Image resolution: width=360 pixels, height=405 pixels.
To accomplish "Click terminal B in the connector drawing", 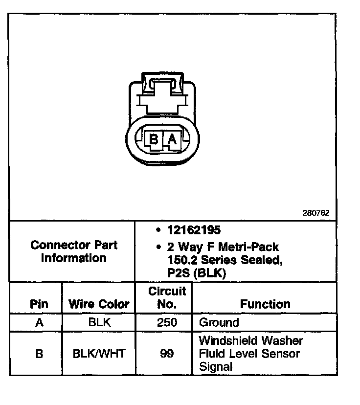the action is (x=154, y=140).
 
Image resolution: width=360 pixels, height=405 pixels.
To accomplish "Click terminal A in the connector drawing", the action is (x=172, y=140).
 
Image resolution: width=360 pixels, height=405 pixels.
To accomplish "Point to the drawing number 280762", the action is (x=316, y=213).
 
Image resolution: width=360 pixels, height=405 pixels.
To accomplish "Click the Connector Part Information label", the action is (x=74, y=251).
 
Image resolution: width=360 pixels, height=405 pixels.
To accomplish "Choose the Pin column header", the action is (x=39, y=304).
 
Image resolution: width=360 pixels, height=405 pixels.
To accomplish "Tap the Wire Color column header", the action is (x=99, y=304).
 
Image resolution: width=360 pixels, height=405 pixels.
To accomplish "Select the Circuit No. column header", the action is (x=167, y=297).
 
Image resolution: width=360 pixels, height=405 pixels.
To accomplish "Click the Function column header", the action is (x=265, y=304).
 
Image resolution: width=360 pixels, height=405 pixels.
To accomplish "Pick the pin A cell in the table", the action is (x=39, y=323).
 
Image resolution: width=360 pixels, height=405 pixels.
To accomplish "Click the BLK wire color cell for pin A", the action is (x=99, y=323).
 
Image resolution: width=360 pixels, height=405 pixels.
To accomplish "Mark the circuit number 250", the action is (x=167, y=323).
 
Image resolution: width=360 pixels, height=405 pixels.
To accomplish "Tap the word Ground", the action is (x=219, y=323).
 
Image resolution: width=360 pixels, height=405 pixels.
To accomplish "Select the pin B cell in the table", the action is (x=39, y=353).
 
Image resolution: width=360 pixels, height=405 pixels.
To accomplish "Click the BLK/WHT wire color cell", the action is (x=99, y=353).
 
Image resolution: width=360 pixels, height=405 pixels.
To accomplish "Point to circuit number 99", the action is (x=167, y=353).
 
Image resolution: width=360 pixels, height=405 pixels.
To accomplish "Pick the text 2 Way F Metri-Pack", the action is (x=223, y=247).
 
